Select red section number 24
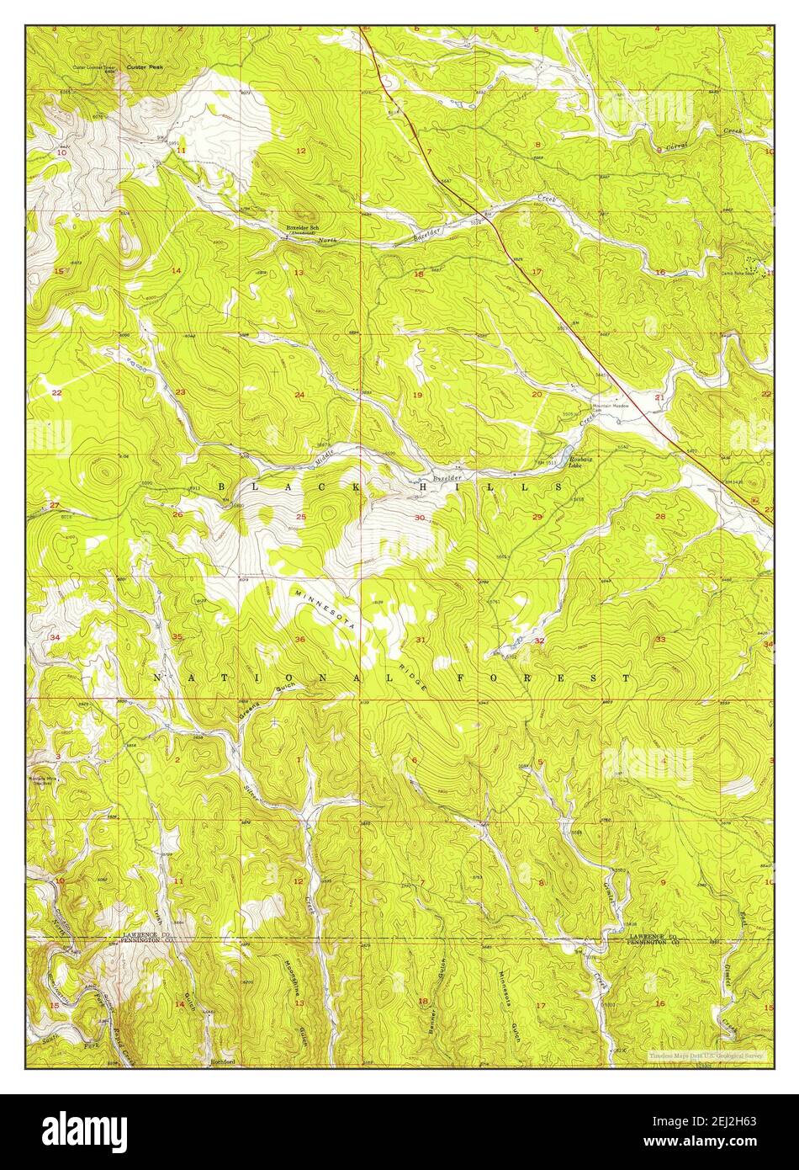coord(299,395)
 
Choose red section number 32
coord(539,641)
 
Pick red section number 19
coord(417,395)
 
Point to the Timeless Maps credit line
coord(706,1054)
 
